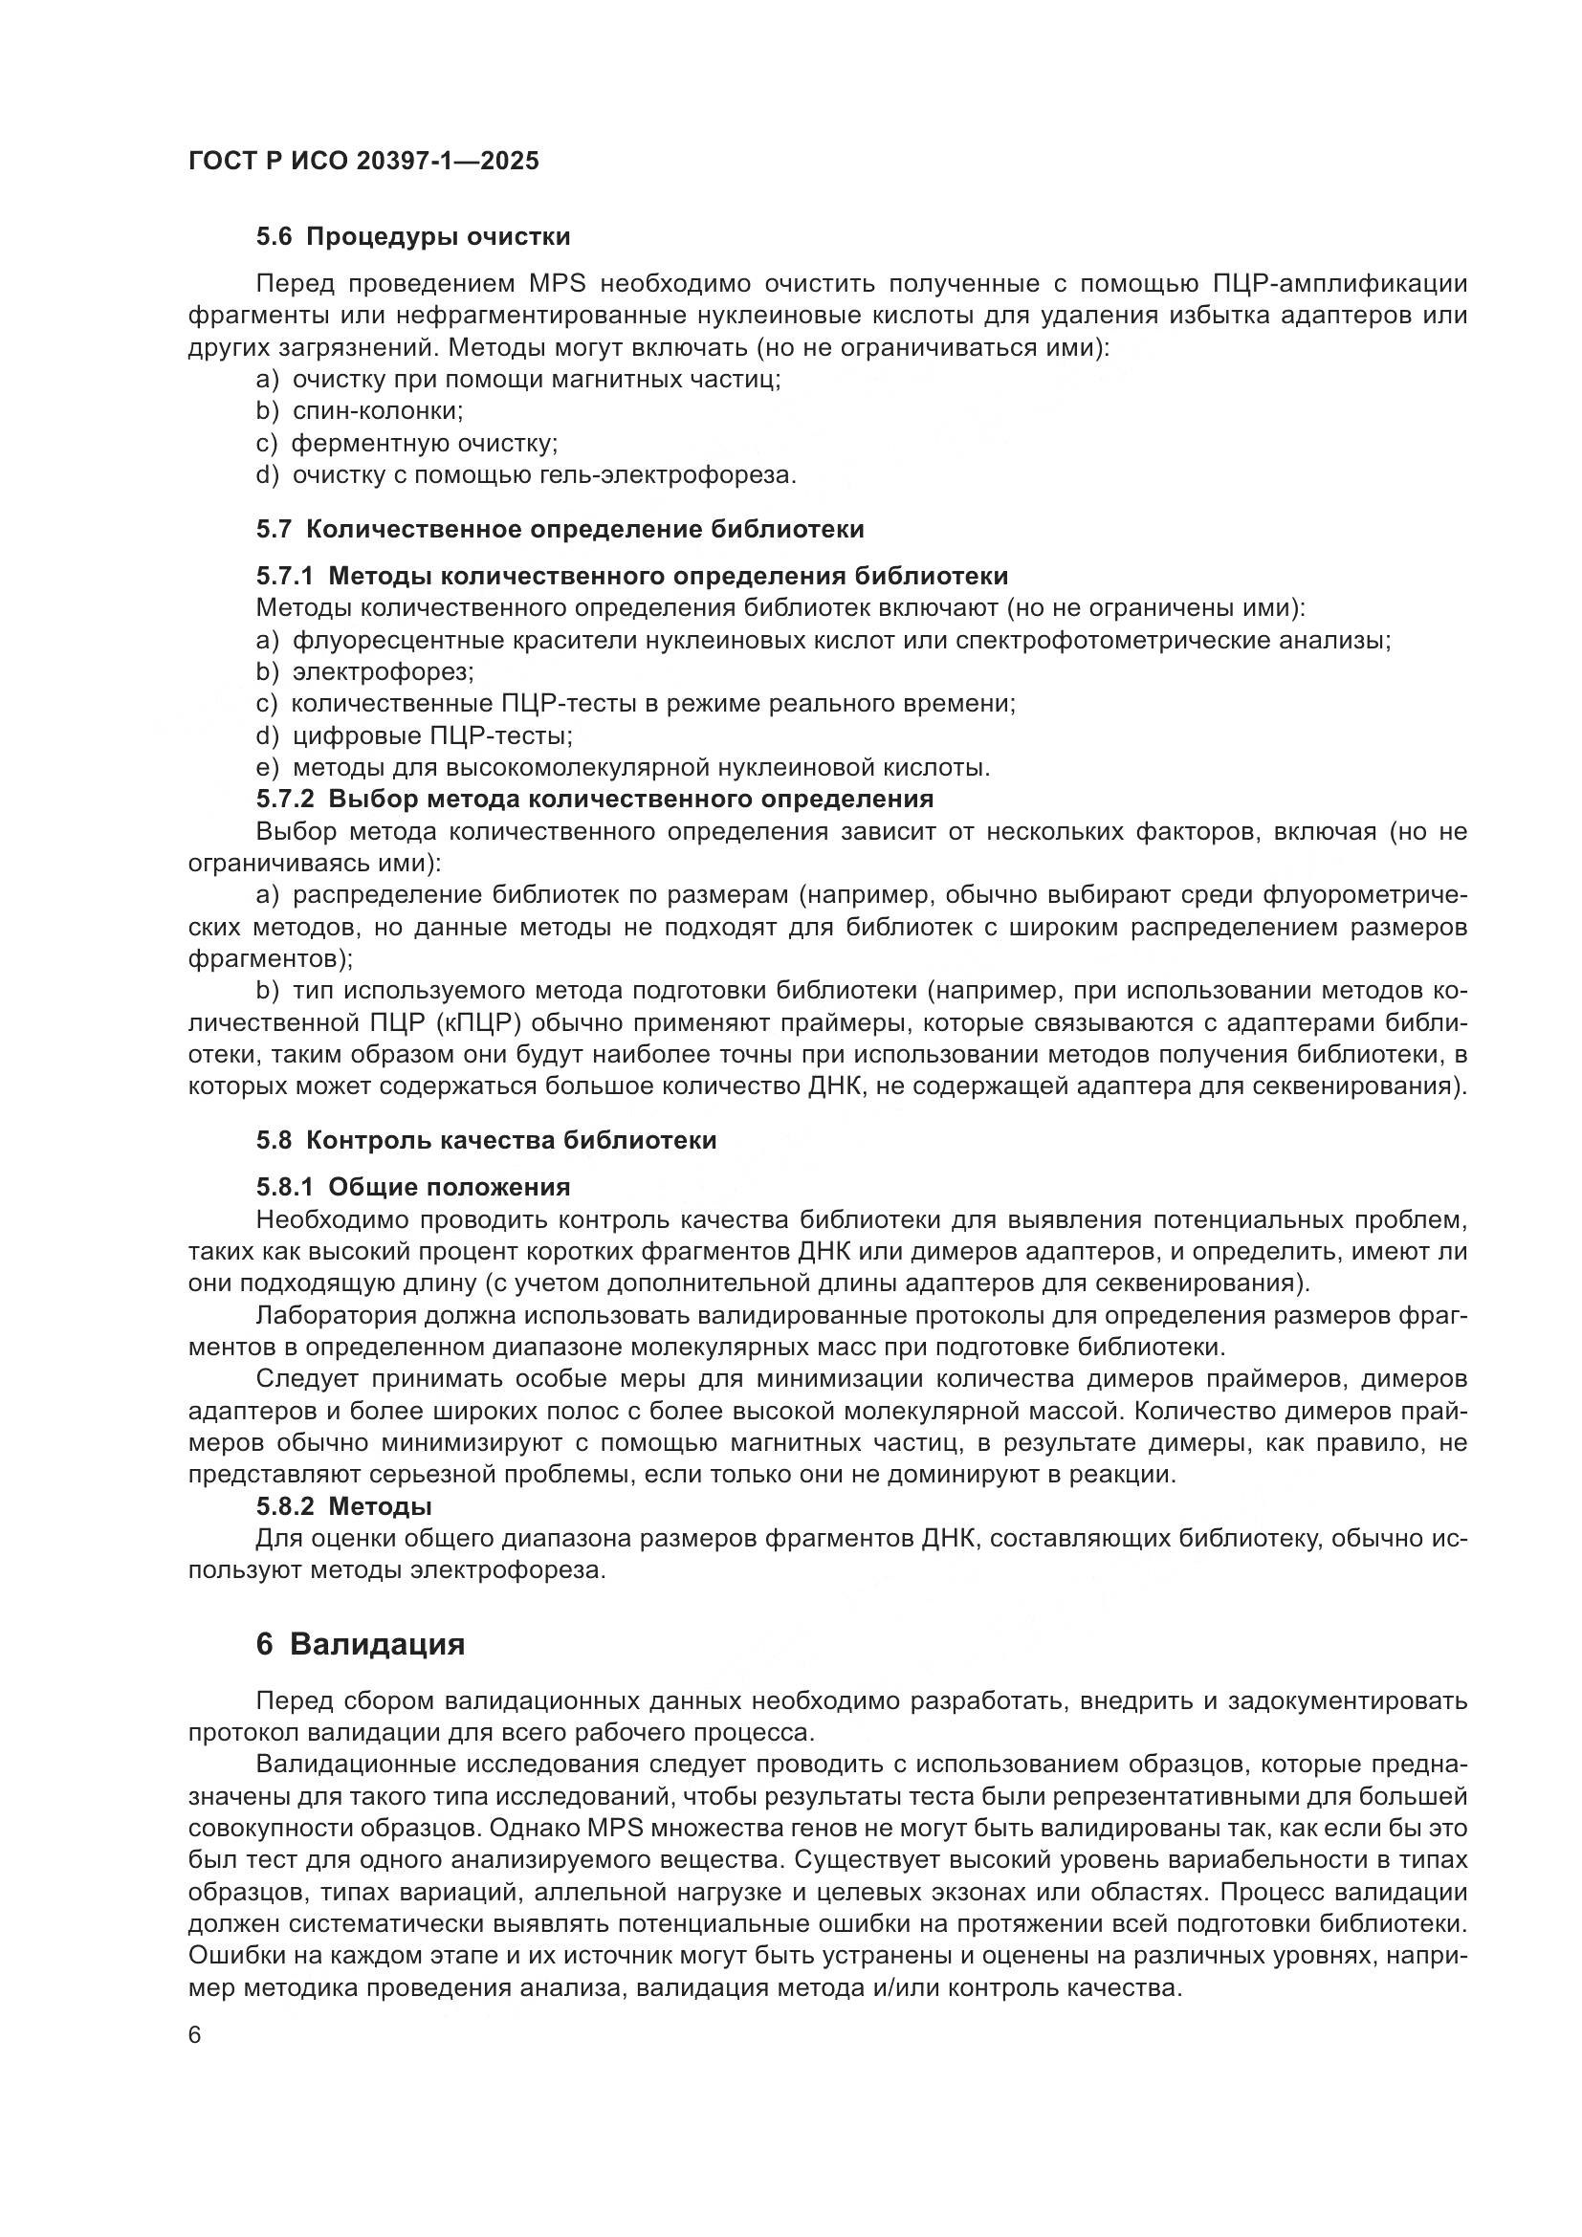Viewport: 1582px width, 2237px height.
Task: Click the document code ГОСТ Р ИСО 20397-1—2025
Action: coord(363,161)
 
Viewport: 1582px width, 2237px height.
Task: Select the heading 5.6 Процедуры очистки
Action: coord(413,237)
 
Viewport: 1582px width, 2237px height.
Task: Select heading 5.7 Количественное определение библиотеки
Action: coord(560,529)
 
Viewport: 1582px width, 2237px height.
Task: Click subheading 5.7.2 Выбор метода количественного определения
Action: coord(594,799)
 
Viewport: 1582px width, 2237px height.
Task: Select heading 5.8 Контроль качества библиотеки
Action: coord(486,1140)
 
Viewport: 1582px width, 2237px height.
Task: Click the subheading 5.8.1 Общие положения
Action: coord(413,1187)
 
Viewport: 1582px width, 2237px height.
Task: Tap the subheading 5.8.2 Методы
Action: coord(344,1506)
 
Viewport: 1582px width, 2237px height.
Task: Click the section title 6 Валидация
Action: coord(361,1645)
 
